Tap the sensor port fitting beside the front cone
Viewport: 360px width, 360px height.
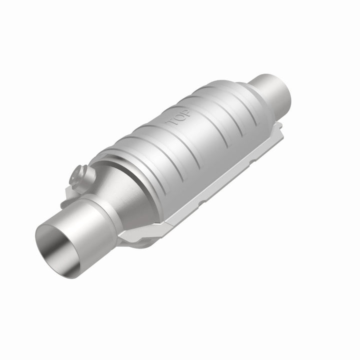click(80, 175)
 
